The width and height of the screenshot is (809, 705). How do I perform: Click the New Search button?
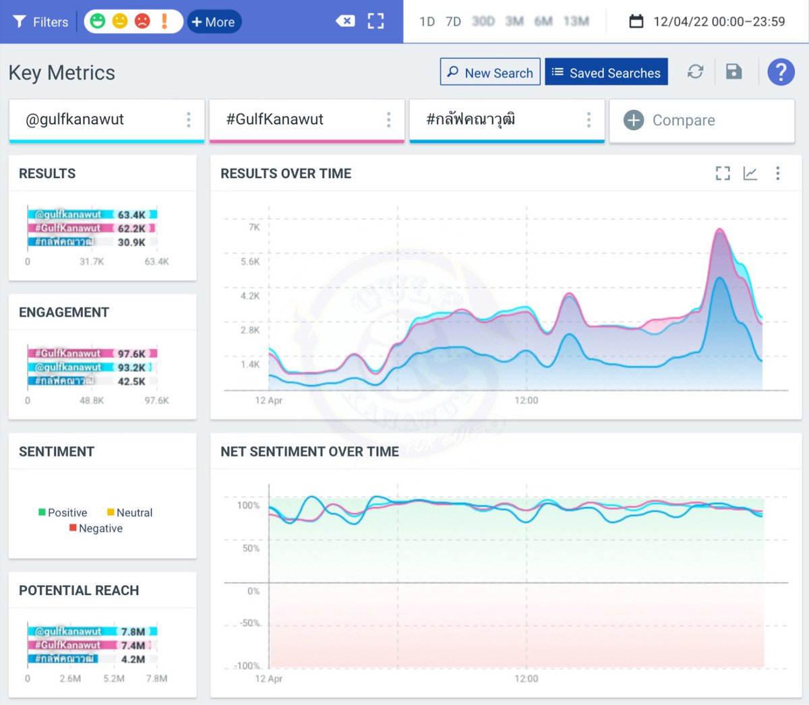tap(490, 72)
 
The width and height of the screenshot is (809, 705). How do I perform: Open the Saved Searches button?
tap(606, 72)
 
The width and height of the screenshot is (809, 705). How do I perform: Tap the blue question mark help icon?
tap(781, 71)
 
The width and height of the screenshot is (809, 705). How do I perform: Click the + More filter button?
tap(214, 22)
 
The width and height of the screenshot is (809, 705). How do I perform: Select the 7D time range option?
tap(453, 22)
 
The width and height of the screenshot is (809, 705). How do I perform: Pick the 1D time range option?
tap(427, 22)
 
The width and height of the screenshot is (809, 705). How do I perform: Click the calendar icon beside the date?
tap(636, 22)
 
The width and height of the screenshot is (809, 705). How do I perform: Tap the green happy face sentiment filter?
tap(98, 22)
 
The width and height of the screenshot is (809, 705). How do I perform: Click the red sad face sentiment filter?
tap(142, 22)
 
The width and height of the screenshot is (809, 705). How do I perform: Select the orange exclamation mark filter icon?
tap(164, 22)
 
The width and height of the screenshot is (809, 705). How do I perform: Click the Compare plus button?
tap(634, 120)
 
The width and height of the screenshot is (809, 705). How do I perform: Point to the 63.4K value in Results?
tap(131, 215)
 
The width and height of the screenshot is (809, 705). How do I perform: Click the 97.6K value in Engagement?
tap(131, 354)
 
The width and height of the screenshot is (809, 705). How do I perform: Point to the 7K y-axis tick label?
tap(254, 228)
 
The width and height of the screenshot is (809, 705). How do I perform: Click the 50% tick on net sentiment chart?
tap(251, 548)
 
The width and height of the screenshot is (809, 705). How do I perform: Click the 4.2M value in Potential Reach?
tap(133, 659)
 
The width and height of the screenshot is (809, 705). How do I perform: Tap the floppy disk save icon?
tap(733, 71)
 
